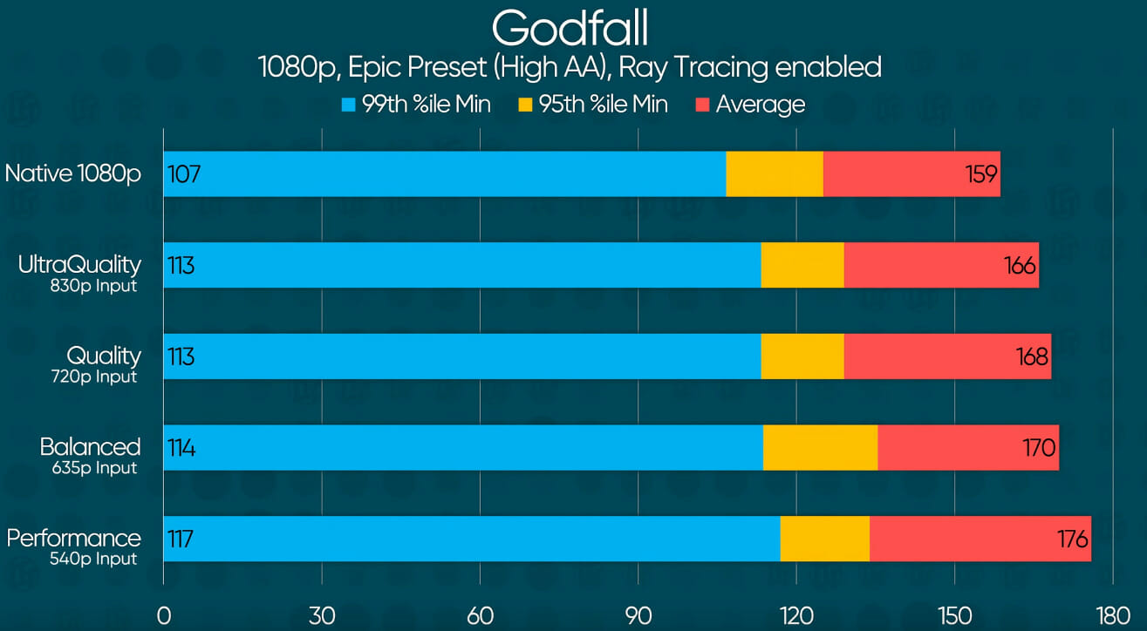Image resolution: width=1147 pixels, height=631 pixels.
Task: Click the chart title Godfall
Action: [570, 29]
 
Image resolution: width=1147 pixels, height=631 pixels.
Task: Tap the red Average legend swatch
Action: [702, 105]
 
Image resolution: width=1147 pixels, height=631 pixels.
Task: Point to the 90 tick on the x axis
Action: [638, 615]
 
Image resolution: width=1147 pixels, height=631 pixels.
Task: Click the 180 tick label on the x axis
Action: [1113, 615]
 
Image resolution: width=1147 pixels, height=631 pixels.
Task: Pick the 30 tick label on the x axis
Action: [322, 615]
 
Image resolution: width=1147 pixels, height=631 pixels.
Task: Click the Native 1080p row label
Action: [72, 173]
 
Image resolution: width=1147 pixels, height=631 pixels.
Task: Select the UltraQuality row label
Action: [79, 264]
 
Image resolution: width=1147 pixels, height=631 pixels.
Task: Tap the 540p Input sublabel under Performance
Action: [93, 559]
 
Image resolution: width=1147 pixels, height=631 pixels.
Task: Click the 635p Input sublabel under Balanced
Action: [93, 468]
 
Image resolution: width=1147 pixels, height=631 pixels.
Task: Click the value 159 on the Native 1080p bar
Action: [981, 174]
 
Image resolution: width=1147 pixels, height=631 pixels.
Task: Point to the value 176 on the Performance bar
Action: [1072, 539]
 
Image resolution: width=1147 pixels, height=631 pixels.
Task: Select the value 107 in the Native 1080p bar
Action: [184, 174]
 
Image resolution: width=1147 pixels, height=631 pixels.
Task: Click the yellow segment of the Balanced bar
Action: [820, 448]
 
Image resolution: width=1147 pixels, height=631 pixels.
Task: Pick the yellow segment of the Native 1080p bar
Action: [775, 174]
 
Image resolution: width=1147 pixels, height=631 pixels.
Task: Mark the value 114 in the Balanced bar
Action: [182, 448]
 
